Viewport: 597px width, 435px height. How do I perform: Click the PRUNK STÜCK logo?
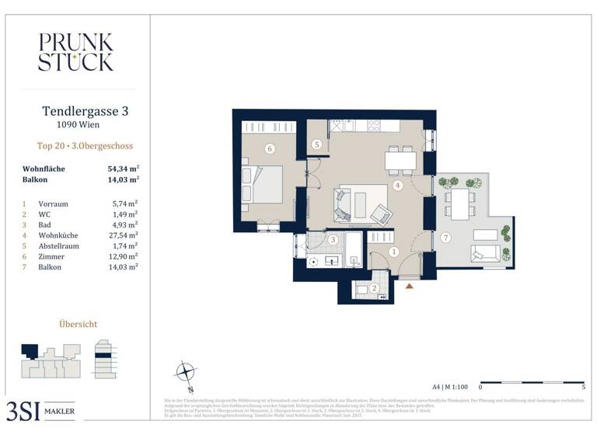coord(75,52)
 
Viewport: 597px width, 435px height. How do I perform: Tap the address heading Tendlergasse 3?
coord(85,112)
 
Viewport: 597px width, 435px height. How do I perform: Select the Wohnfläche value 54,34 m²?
coord(123,169)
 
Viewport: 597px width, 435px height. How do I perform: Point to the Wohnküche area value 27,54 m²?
coord(123,235)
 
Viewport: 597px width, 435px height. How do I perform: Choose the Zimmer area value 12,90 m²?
coord(123,256)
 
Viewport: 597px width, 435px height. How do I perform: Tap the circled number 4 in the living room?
coord(397,186)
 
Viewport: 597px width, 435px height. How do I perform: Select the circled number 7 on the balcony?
coord(445,237)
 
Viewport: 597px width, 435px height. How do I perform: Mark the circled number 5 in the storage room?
coord(317,144)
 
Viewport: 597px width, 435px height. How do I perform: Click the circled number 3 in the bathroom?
coord(332,240)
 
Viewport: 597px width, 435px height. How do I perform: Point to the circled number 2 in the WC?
coord(374,289)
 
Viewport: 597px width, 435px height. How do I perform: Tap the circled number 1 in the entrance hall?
coord(394,251)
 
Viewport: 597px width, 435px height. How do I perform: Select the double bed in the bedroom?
coord(262,185)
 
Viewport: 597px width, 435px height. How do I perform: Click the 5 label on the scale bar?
coord(583,386)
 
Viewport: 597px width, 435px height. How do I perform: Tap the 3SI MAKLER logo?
coord(40,409)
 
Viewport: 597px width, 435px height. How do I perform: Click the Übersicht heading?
coord(79,324)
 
